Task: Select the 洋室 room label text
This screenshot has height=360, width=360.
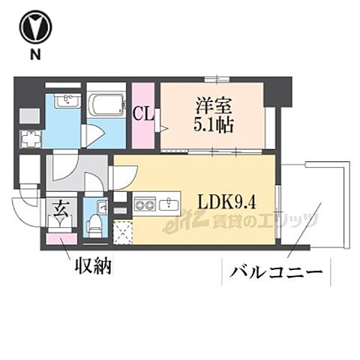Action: point(211,105)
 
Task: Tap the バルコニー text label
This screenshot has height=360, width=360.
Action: point(275,270)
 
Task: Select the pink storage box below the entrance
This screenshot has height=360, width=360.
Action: point(56,239)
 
